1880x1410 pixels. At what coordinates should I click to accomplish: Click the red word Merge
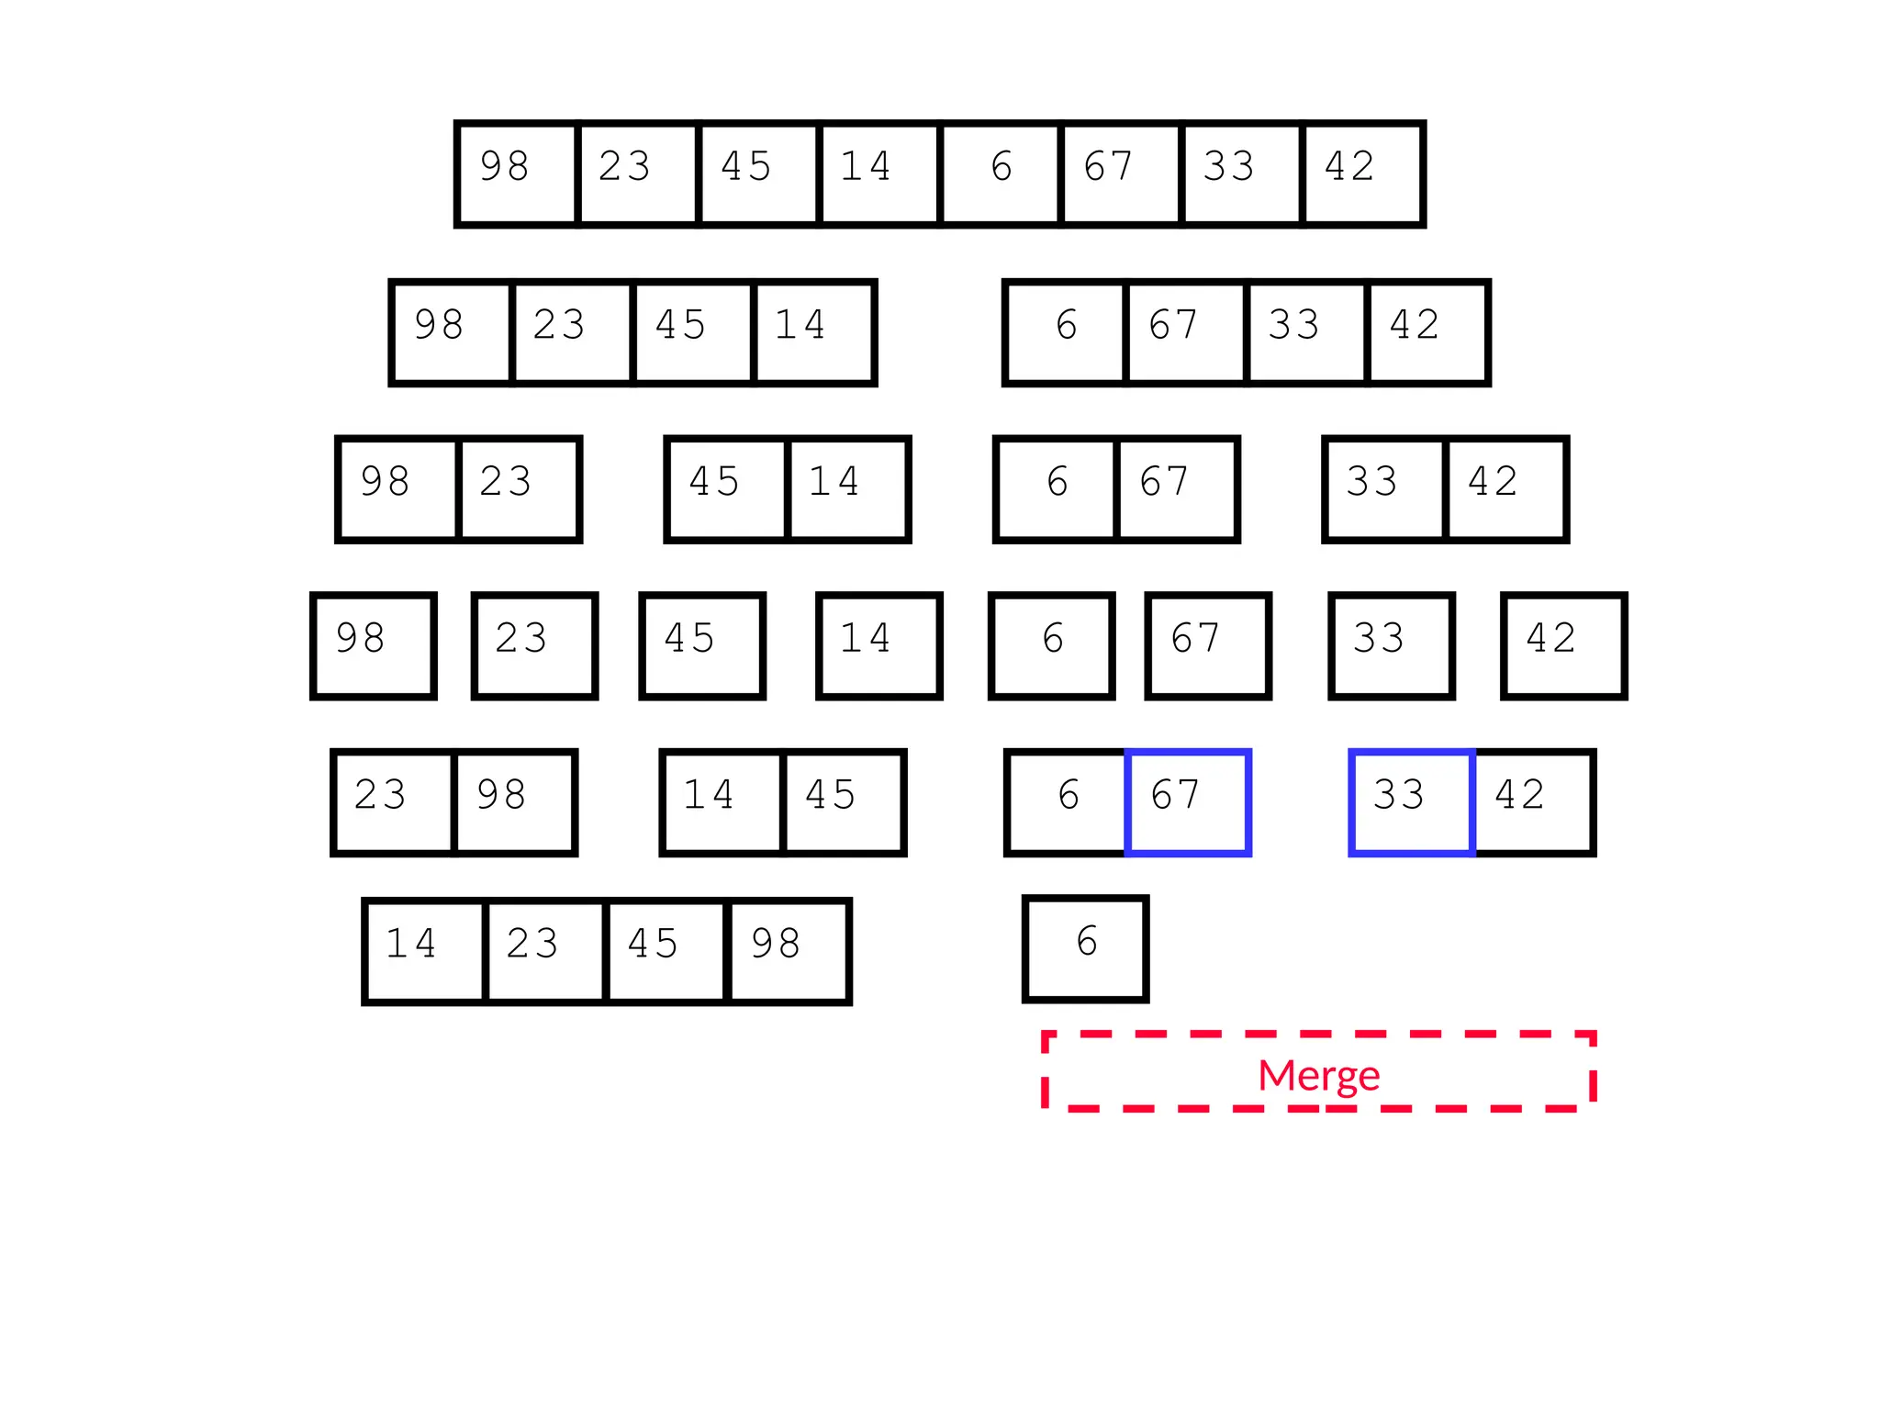(1318, 1075)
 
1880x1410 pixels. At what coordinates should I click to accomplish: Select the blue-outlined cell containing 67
(1188, 802)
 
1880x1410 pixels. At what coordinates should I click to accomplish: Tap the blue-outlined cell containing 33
(1412, 802)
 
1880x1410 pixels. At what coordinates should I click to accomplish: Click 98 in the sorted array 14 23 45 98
(788, 951)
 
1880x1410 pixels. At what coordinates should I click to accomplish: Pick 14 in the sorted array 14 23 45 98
(424, 951)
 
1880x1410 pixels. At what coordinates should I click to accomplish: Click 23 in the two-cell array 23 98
(393, 802)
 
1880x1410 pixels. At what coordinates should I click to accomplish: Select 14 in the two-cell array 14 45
(722, 802)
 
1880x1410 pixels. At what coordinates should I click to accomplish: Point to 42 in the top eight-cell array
(1362, 173)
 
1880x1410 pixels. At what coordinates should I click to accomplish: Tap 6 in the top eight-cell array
(1001, 173)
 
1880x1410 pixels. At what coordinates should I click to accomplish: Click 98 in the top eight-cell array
(517, 173)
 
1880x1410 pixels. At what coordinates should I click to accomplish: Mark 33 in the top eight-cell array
(1241, 173)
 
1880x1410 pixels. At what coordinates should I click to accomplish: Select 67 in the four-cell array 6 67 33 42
(1185, 332)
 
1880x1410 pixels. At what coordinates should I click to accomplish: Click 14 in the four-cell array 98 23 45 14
(813, 332)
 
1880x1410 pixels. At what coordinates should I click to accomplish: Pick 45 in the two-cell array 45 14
(727, 489)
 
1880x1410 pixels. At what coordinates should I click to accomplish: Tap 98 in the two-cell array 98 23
(397, 489)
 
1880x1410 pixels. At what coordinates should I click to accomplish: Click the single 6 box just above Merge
(1086, 948)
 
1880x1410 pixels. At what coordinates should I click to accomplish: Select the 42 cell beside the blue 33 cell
(1533, 802)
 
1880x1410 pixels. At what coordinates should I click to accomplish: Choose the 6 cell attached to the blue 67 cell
(1067, 802)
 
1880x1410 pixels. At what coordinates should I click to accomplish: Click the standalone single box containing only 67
(1208, 645)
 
